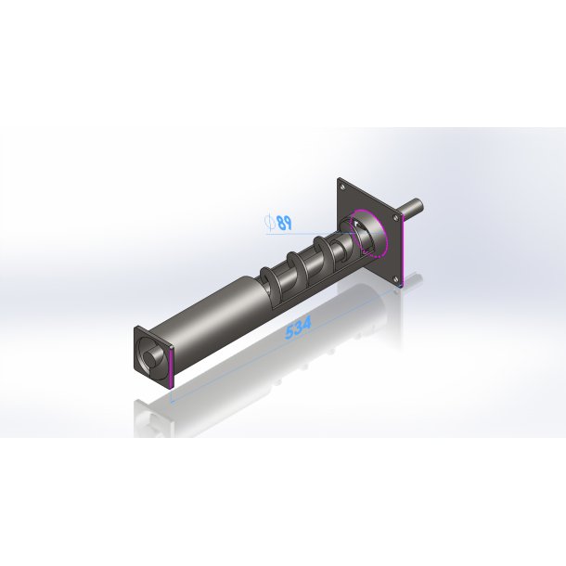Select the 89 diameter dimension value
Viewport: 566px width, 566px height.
pos(285,223)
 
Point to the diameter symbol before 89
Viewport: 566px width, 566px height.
pos(269,223)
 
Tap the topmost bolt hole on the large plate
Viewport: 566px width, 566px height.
pos(342,187)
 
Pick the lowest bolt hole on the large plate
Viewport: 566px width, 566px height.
pos(396,279)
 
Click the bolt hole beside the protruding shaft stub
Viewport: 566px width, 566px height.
pos(396,218)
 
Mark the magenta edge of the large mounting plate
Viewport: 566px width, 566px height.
pos(403,251)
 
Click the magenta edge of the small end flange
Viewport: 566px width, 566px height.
pos(171,368)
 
